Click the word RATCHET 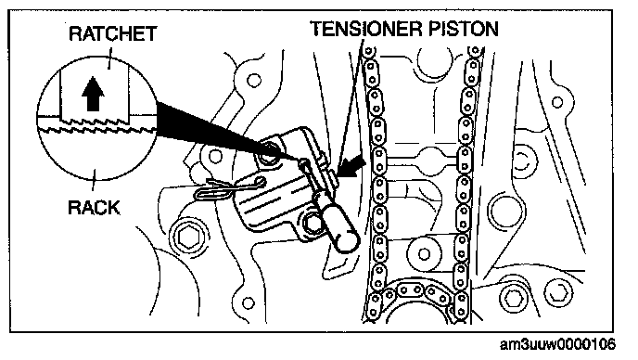click(x=113, y=33)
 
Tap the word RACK click(x=94, y=208)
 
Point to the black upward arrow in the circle click(x=93, y=94)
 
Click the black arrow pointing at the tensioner click(x=351, y=166)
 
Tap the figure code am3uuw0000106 click(x=557, y=344)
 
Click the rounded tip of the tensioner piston click(x=347, y=241)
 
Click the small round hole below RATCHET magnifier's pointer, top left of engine click(x=254, y=80)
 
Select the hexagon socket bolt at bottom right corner click(x=561, y=293)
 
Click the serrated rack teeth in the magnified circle click(x=97, y=130)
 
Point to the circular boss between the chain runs click(x=423, y=254)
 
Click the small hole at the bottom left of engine click(x=249, y=303)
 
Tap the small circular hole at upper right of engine click(x=557, y=102)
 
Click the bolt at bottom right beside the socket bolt click(x=514, y=298)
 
